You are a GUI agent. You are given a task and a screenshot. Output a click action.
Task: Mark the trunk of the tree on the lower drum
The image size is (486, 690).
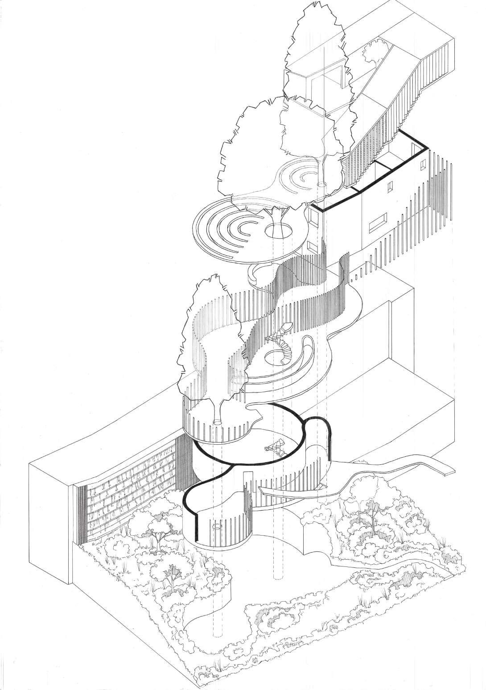[x=218, y=410]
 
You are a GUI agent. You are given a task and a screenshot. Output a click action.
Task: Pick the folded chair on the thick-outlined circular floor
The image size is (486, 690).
[x=275, y=447]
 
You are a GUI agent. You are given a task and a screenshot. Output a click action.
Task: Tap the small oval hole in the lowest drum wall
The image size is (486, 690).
[x=217, y=527]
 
